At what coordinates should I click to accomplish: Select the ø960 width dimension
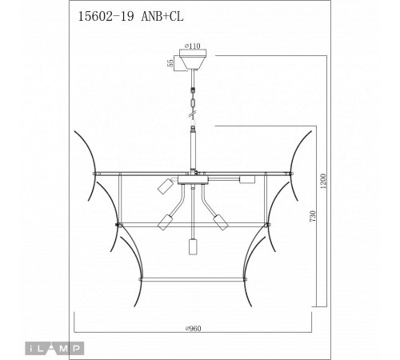(x=193, y=328)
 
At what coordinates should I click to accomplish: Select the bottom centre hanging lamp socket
(x=193, y=247)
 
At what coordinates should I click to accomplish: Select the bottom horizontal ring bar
(x=193, y=279)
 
